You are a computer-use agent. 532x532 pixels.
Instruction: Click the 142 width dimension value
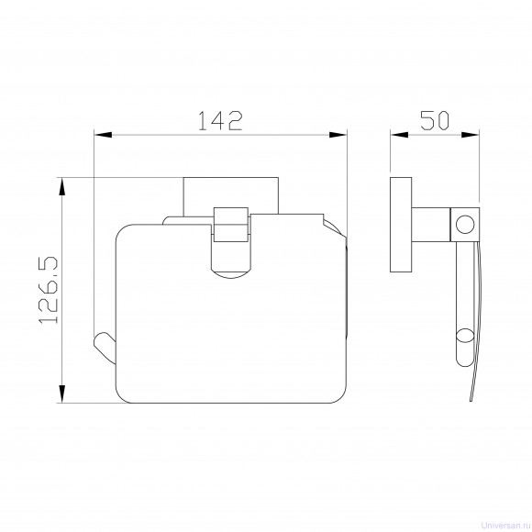point(220,121)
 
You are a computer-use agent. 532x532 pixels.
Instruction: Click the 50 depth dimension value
point(435,120)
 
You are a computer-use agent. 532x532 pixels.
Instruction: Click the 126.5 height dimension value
point(49,290)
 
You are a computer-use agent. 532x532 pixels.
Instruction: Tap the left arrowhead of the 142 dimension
point(103,135)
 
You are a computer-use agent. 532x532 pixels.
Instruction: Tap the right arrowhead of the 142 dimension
point(338,135)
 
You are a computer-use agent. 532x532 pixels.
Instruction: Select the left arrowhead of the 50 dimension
point(399,135)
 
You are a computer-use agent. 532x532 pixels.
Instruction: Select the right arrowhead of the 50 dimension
point(471,135)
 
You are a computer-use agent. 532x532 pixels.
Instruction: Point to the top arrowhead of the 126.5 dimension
point(61,186)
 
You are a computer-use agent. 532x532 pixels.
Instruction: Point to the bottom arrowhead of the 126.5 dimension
point(61,393)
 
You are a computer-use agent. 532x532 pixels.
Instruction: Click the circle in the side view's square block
point(465,225)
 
